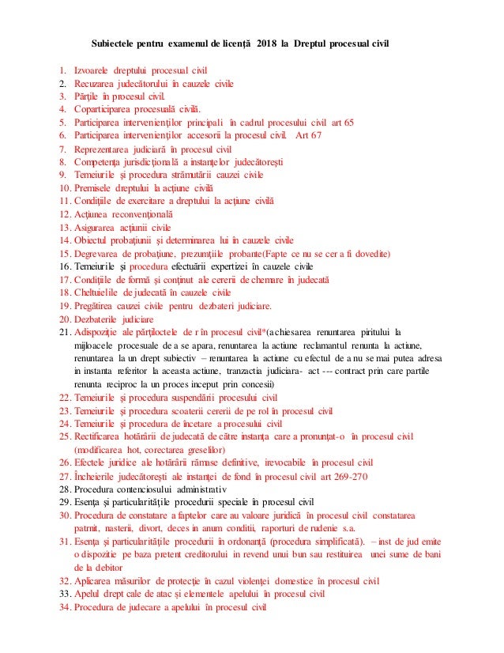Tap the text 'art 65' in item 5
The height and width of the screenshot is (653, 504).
coord(340,123)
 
